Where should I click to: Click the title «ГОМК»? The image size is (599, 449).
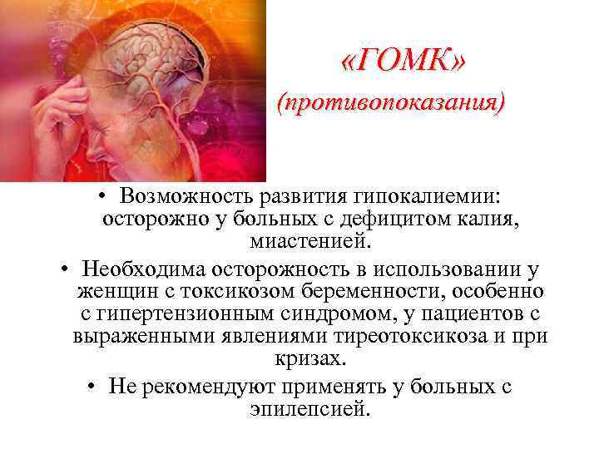pyautogui.click(x=403, y=60)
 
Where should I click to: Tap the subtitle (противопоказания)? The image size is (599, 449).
pyautogui.click(x=391, y=104)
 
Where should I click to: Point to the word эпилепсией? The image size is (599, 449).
pyautogui.click(x=307, y=410)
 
